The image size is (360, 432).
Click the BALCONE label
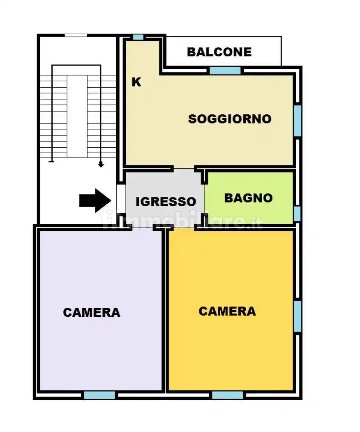click(x=219, y=52)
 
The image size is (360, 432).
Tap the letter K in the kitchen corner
click(x=136, y=82)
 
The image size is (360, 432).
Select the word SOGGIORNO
click(x=230, y=119)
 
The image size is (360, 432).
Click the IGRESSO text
click(x=166, y=202)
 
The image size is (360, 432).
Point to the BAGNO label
click(x=248, y=198)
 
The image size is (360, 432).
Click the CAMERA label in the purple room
click(x=92, y=312)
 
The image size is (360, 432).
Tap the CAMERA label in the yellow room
click(x=227, y=311)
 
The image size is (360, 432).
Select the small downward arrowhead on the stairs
click(x=101, y=165)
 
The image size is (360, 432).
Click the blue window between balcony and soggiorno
click(x=225, y=70)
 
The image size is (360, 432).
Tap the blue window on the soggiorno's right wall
click(x=298, y=121)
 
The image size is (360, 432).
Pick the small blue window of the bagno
click(x=297, y=214)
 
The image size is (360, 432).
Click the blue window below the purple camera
click(x=99, y=395)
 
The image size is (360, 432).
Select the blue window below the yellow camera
click(x=227, y=395)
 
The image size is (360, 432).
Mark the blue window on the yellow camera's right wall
click(x=298, y=316)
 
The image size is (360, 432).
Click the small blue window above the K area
click(x=138, y=37)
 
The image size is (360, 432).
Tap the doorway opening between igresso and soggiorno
click(x=183, y=169)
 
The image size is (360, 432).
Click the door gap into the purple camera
click(x=143, y=227)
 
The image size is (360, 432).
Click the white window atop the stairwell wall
click(x=76, y=35)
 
